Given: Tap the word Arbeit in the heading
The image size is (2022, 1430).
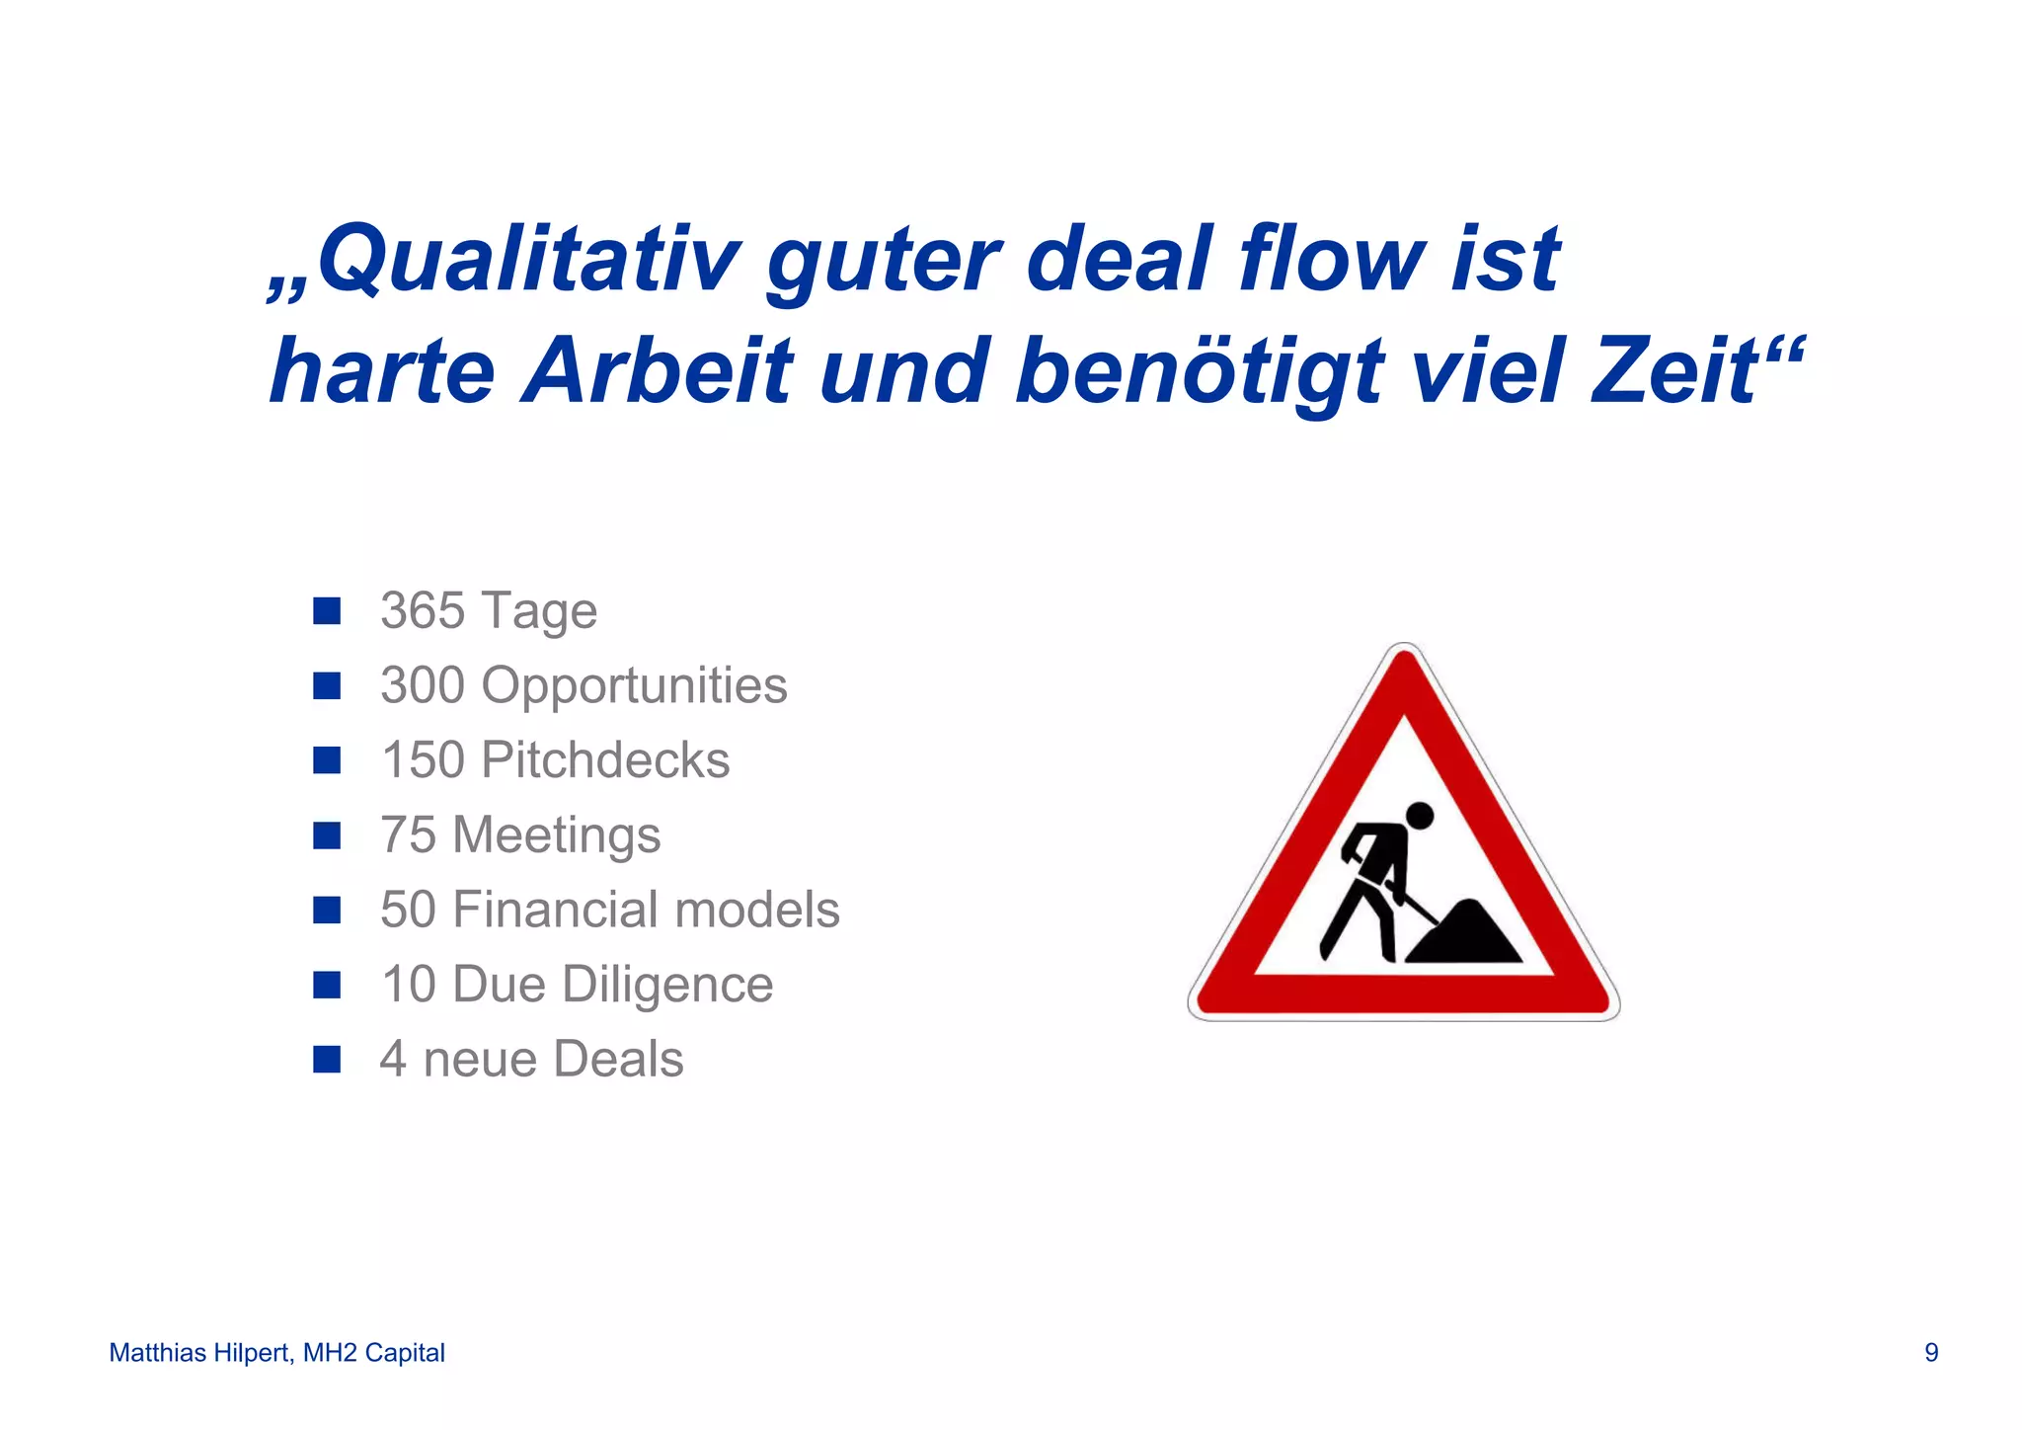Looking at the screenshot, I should [658, 372].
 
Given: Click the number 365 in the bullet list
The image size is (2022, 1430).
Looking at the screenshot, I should [423, 610].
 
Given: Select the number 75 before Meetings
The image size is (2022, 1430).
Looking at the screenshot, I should [408, 835].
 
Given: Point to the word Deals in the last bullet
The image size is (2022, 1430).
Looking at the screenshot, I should [618, 1060].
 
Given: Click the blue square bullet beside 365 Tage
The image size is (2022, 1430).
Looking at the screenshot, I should [327, 611].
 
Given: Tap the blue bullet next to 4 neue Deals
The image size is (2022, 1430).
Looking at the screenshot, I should [327, 1060].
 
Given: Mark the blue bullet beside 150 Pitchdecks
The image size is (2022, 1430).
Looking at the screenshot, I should [327, 760].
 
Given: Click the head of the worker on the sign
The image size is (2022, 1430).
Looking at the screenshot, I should [1419, 816].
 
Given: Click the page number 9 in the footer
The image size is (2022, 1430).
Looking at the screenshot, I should [1931, 1353].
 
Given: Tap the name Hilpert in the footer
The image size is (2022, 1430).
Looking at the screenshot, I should [251, 1353].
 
